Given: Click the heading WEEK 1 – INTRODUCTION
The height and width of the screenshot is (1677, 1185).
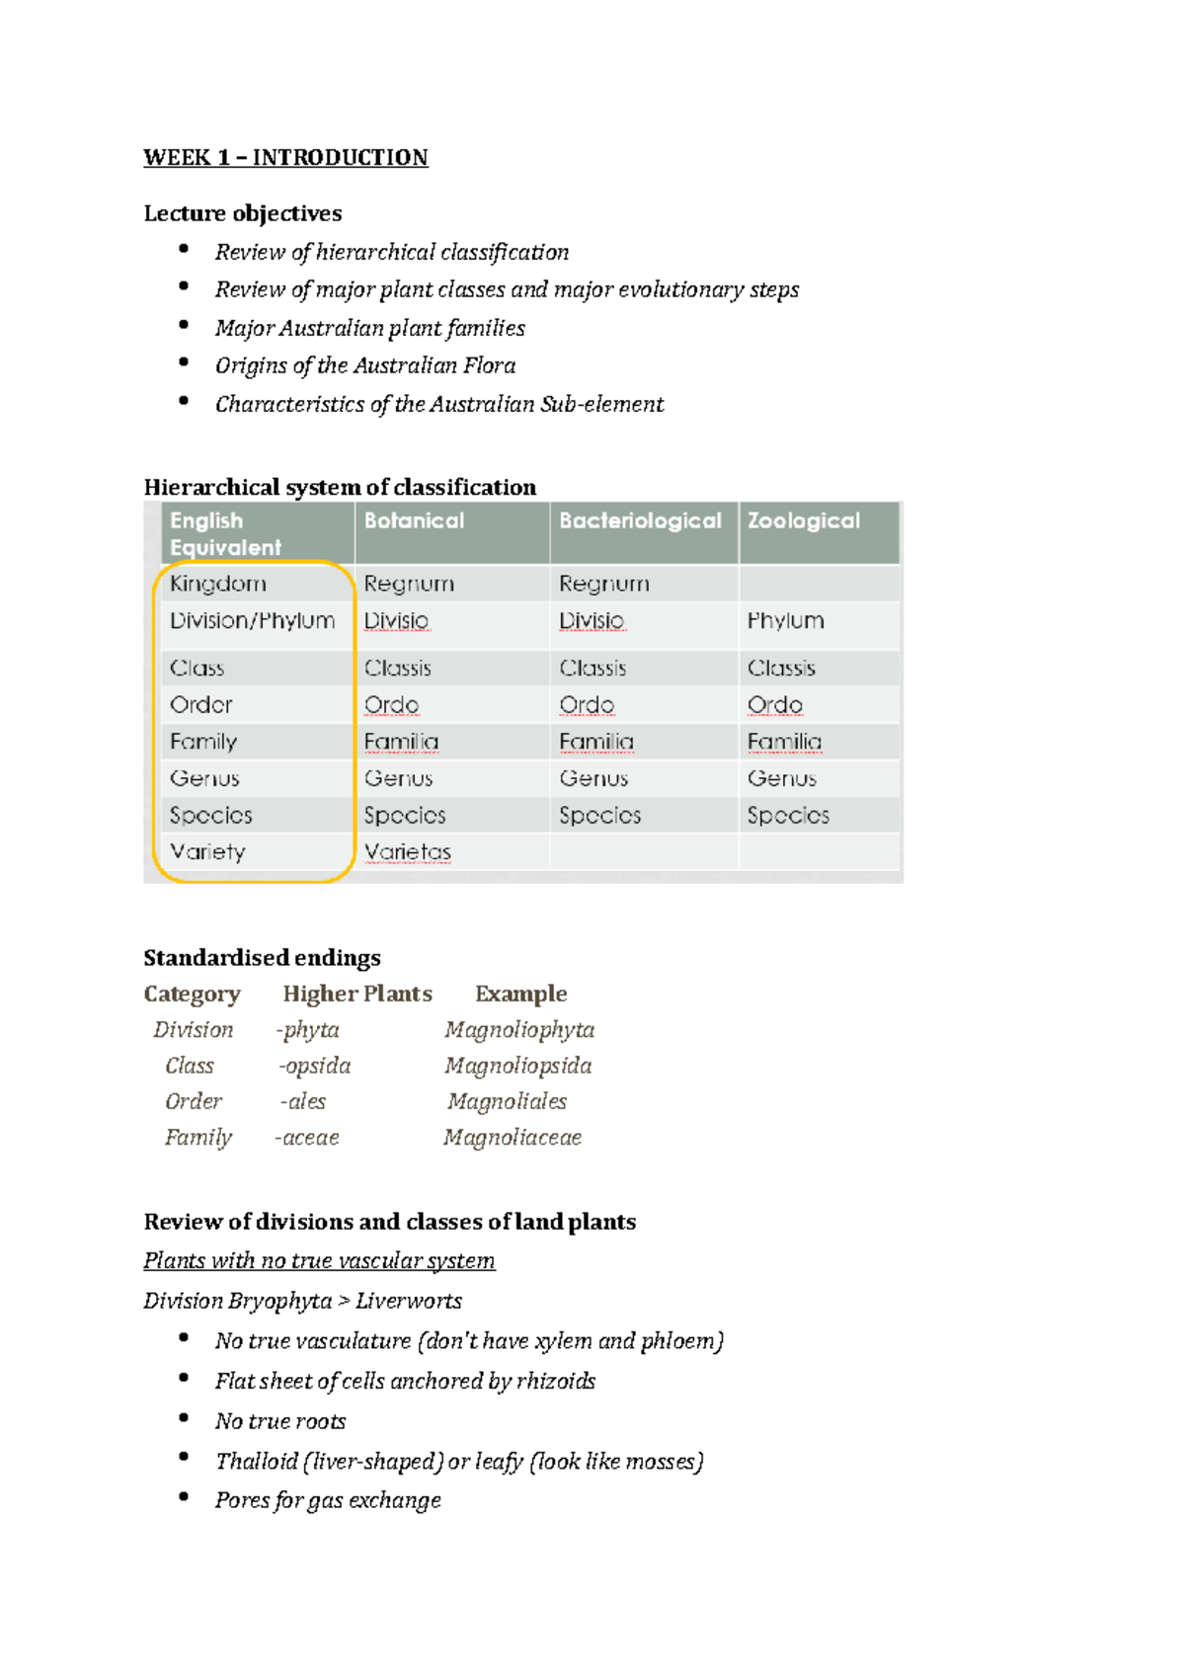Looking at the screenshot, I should pos(285,158).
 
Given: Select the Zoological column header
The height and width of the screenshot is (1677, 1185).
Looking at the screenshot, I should pos(803,520).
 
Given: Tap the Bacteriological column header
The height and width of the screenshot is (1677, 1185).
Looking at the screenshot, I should pos(640,520).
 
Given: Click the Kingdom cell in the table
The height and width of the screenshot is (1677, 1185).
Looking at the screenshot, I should pos(217,584).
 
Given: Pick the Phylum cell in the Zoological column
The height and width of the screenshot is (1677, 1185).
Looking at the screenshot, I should pos(785,620).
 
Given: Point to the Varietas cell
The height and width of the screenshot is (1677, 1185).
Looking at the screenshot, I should pos(407,851).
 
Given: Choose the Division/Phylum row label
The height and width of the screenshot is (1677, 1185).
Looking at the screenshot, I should pos(252,620).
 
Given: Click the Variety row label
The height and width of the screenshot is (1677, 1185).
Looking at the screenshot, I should pos(207,851).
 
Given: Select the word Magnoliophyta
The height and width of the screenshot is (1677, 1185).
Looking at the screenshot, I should pos(519,1030).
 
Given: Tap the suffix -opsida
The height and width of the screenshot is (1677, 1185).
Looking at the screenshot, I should pos(314,1066).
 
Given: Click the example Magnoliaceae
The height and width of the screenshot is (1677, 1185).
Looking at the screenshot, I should pos(513,1138).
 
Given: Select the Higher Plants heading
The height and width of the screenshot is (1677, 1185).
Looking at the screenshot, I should pos(357,994).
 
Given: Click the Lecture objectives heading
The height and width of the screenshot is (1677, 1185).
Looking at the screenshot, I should pos(243,213).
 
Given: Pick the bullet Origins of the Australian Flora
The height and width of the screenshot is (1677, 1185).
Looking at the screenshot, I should pos(365,366).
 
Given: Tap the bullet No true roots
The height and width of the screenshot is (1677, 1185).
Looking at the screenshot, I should pos(280,1421).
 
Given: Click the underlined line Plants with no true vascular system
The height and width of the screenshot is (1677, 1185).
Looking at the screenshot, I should pos(319,1261).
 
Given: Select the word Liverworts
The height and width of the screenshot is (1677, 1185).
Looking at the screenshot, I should pos(409,1301).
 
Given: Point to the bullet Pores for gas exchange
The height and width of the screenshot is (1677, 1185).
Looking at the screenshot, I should pos(328,1500).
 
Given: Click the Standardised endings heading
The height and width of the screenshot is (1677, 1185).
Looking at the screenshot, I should pos(262,958).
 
